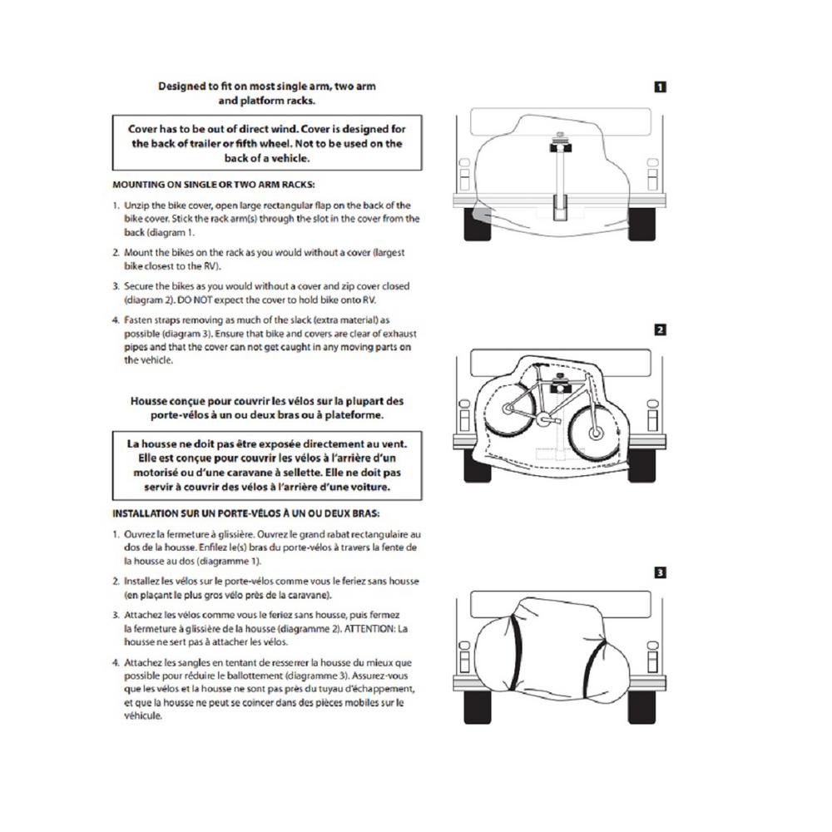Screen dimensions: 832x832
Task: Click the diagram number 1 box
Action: (660, 86)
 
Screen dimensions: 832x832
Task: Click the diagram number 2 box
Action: (660, 329)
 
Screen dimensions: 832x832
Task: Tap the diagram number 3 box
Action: (660, 572)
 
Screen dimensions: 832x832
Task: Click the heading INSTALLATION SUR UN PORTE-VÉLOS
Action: (247, 513)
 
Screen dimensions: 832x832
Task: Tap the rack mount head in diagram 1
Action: (558, 148)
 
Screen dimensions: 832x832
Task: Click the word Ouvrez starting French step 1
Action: (141, 534)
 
